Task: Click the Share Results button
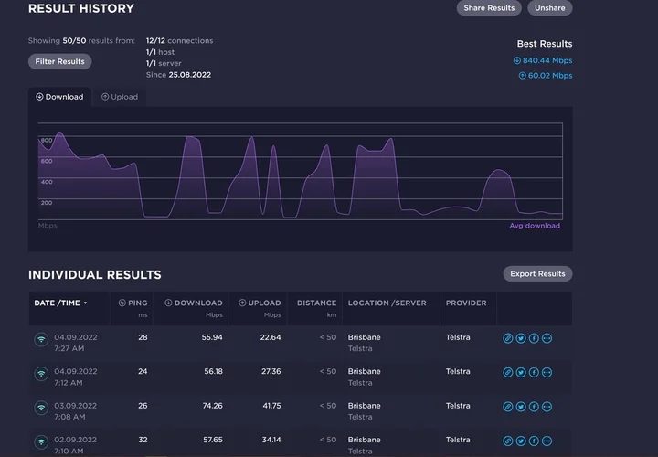pos(489,8)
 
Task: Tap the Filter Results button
pos(60,61)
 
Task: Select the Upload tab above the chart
pos(120,97)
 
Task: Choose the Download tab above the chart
pos(59,97)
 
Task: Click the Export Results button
pos(537,273)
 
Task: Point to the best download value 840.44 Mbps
pos(543,60)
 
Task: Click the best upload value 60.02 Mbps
pos(546,76)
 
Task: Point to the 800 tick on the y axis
pos(47,140)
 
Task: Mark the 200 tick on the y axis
pos(47,203)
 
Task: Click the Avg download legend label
pos(535,226)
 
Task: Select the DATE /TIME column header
pos(61,303)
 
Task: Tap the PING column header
pos(133,303)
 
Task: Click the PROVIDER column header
pos(466,303)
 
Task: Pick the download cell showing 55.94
pos(212,337)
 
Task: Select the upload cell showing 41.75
pos(271,406)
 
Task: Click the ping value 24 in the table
pos(143,371)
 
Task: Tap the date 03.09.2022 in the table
pos(76,406)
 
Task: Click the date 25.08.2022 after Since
pos(190,75)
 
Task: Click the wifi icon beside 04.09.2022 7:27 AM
pos(41,339)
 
